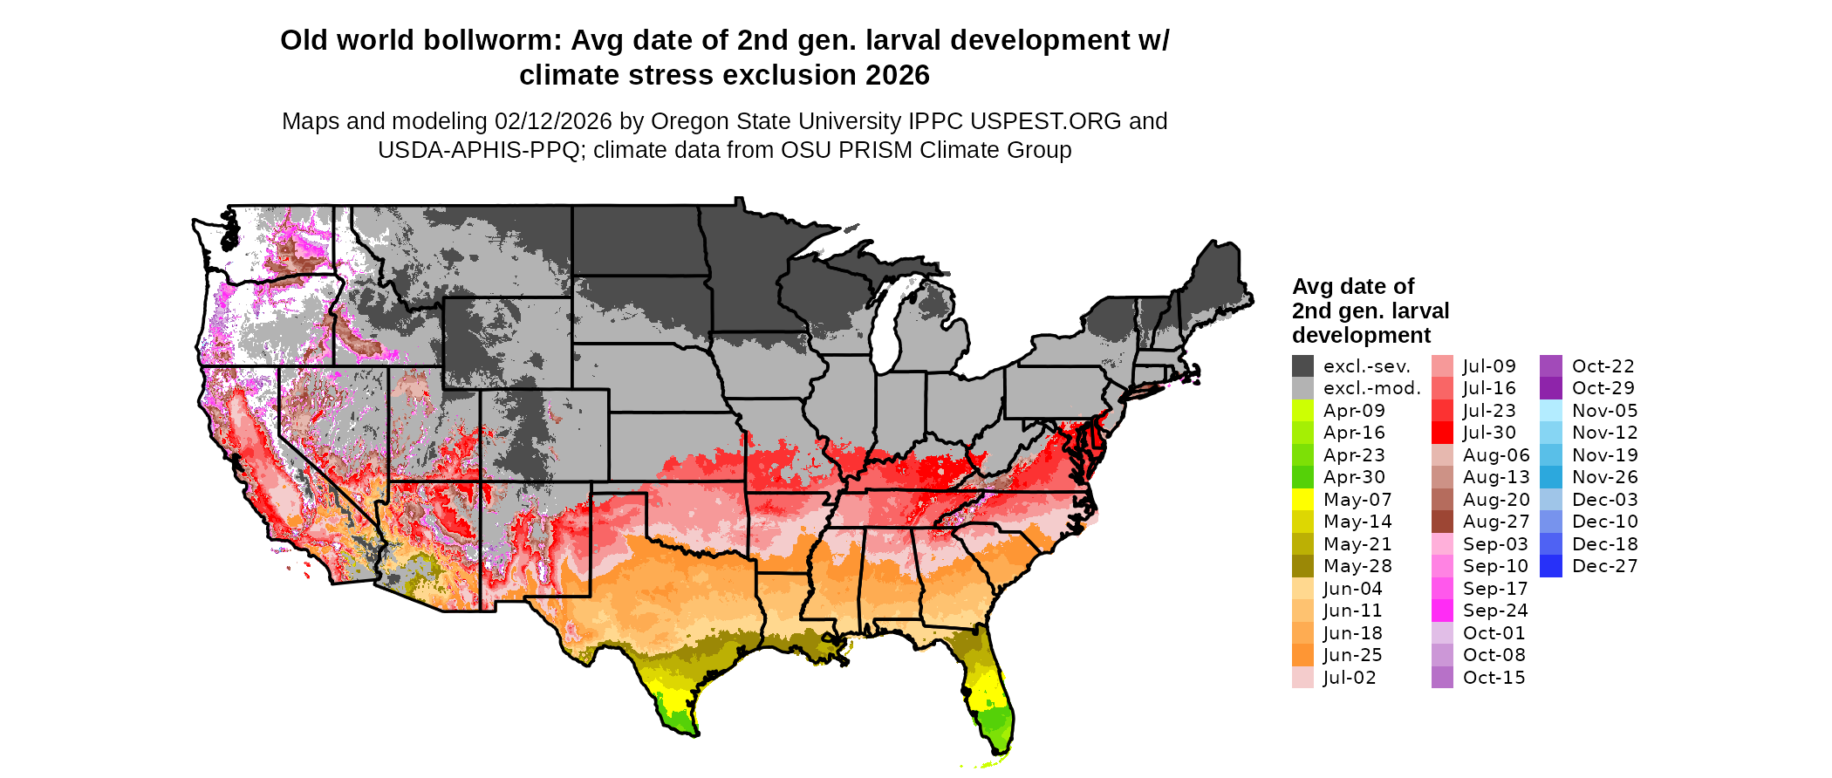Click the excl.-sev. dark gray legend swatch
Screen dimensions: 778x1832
pyautogui.click(x=1302, y=366)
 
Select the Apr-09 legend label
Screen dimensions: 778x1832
pyautogui.click(x=1353, y=411)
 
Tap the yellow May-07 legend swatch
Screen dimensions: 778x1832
pyautogui.click(x=1302, y=500)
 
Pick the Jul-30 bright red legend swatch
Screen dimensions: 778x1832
pyautogui.click(x=1442, y=433)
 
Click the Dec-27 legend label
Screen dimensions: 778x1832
pyautogui.click(x=1604, y=566)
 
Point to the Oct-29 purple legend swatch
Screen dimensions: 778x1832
pyautogui.click(x=1551, y=388)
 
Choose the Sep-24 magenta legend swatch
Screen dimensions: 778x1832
pyautogui.click(x=1442, y=611)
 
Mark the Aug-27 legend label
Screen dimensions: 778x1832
pyautogui.click(x=1495, y=522)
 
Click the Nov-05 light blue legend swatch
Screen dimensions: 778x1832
pyautogui.click(x=1551, y=411)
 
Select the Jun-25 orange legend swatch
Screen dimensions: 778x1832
pyautogui.click(x=1302, y=655)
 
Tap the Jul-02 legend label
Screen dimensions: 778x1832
pyautogui.click(x=1349, y=678)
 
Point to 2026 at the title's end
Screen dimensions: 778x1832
pyautogui.click(x=898, y=76)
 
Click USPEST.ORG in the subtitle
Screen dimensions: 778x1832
pyautogui.click(x=1045, y=121)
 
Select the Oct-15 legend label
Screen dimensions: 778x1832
pyautogui.click(x=1494, y=678)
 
